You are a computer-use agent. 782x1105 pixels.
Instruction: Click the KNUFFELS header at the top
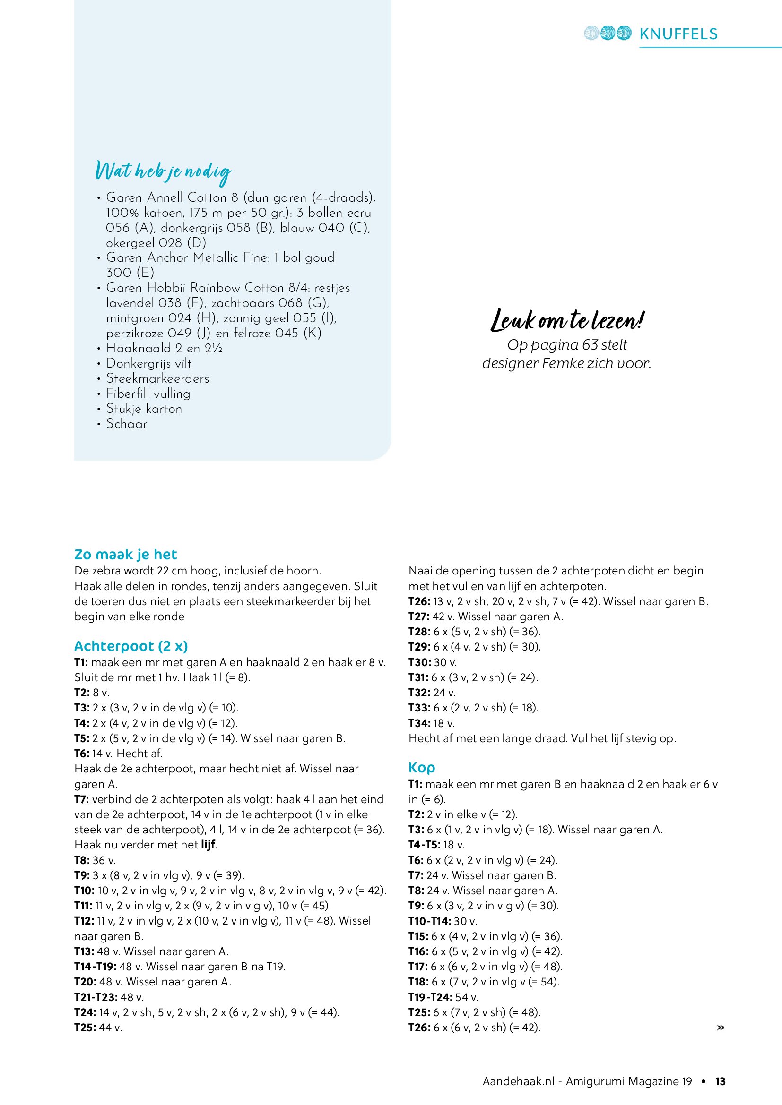coord(678,34)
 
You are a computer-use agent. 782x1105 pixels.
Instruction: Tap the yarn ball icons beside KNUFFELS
coord(607,33)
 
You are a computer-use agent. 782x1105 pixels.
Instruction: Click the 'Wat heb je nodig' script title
coord(163,172)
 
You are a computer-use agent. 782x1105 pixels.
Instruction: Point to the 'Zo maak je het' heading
coord(126,555)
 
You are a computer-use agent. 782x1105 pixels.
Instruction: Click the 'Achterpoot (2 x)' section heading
coord(131,646)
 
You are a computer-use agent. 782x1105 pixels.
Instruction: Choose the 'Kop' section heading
coord(421,768)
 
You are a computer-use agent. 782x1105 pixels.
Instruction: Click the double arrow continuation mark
coord(721,1028)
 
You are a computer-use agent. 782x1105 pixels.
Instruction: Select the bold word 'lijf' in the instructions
coord(209,844)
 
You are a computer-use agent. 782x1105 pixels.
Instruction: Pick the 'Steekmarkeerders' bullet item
coord(157,378)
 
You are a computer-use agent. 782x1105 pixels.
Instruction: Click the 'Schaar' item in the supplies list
coord(127,424)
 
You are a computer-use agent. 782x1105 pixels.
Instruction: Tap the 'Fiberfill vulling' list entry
coord(148,394)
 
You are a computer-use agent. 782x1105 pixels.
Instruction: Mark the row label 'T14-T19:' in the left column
coord(96,967)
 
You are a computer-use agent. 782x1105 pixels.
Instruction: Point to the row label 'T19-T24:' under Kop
coord(429,997)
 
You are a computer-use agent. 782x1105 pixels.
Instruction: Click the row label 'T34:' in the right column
coord(419,723)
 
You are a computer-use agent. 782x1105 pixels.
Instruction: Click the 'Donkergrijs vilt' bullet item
coord(149,363)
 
